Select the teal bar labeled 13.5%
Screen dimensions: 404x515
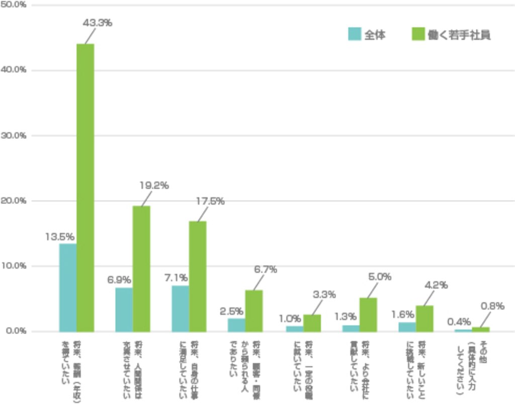point(67,287)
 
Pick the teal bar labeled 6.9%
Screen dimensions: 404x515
point(124,309)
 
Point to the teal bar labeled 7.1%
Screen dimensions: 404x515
point(180,308)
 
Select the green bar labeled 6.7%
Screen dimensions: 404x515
point(254,310)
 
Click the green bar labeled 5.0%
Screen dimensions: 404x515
point(368,314)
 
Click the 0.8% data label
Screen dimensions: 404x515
point(492,306)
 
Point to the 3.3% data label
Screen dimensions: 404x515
point(324,295)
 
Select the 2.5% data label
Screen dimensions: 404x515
point(232,311)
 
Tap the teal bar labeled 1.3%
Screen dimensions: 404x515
point(351,328)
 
